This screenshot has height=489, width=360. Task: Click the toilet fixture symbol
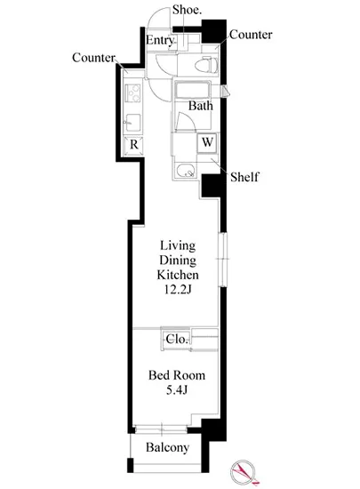pyautogui.click(x=206, y=65)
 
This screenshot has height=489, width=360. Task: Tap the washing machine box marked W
pyautogui.click(x=206, y=142)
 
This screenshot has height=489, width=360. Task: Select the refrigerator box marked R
pyautogui.click(x=133, y=145)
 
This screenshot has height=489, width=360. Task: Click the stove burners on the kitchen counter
pyautogui.click(x=133, y=92)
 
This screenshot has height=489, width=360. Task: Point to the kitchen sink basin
pyautogui.click(x=133, y=123)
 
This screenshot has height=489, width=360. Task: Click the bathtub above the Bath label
pyautogui.click(x=192, y=90)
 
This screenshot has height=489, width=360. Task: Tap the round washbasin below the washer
pyautogui.click(x=186, y=171)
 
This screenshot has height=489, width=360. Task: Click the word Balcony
pyautogui.click(x=167, y=448)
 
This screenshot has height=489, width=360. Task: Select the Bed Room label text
pyautogui.click(x=177, y=375)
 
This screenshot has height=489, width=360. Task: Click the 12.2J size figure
pyautogui.click(x=178, y=290)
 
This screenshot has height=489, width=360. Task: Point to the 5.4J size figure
pyautogui.click(x=177, y=389)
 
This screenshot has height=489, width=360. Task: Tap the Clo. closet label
pyautogui.click(x=177, y=339)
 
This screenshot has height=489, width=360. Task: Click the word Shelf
pyautogui.click(x=244, y=177)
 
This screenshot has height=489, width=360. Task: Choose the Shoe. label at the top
pyautogui.click(x=187, y=10)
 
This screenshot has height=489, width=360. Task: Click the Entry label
pyautogui.click(x=160, y=40)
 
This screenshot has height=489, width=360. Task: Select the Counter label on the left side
pyautogui.click(x=93, y=58)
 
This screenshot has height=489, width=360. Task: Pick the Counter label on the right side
pyautogui.click(x=251, y=35)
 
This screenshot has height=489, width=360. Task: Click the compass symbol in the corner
pyautogui.click(x=244, y=472)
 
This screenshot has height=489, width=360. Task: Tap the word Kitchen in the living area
pyautogui.click(x=178, y=275)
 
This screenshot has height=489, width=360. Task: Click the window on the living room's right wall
pyautogui.click(x=223, y=260)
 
